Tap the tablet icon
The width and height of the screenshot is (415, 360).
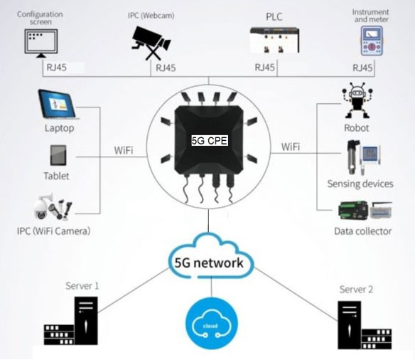(59, 156)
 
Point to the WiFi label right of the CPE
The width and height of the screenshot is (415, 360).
(290, 147)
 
